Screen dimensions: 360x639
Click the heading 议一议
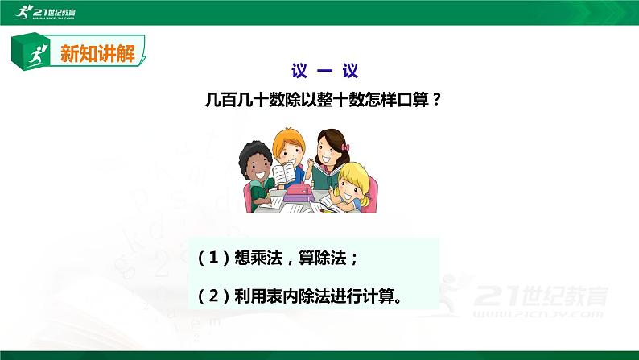click(x=319, y=70)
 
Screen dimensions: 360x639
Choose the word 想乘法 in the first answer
click(x=255, y=259)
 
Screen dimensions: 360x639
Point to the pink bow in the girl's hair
click(x=346, y=148)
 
